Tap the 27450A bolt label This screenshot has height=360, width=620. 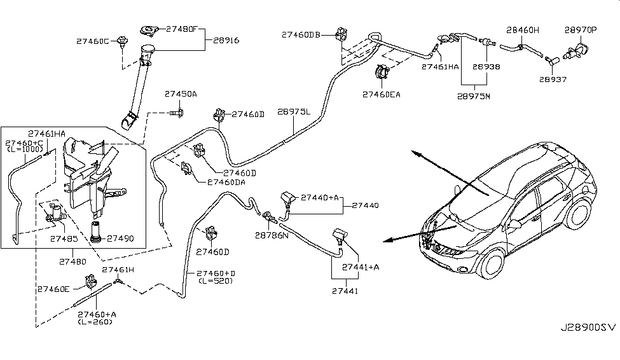click(181, 94)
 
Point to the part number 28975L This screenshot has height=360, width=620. click(293, 111)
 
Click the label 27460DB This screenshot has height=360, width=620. click(301, 36)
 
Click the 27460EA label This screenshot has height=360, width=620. click(382, 94)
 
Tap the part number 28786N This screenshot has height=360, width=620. click(272, 235)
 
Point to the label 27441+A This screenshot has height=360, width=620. click(361, 267)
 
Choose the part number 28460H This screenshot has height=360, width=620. click(522, 29)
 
